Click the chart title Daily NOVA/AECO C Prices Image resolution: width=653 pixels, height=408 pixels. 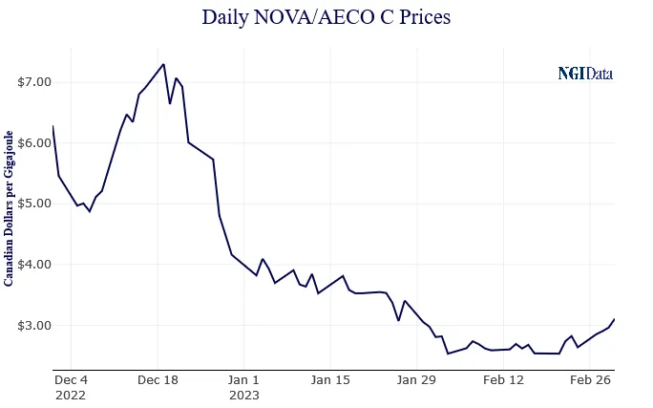(326, 18)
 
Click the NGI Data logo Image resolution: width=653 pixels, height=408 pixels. (585, 74)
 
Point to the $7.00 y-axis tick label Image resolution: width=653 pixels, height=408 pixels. (33, 82)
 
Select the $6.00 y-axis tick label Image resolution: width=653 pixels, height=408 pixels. (33, 142)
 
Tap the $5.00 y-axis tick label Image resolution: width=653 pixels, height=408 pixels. (33, 204)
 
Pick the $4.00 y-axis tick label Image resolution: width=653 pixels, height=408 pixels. (33, 265)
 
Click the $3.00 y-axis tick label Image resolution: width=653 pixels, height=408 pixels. (33, 326)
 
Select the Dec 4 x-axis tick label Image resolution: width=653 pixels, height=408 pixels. (72, 379)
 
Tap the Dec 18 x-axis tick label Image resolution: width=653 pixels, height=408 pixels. (158, 379)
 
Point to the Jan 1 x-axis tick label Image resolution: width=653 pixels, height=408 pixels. (244, 379)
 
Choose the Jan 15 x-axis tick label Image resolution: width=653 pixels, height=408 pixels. (331, 379)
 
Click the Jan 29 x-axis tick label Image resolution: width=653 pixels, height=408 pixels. (417, 379)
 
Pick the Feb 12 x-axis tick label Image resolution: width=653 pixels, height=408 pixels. (504, 379)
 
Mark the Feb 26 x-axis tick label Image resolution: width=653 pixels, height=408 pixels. (590, 379)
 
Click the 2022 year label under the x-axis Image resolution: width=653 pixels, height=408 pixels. (70, 394)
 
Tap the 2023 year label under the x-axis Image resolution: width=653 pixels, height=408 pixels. (244, 394)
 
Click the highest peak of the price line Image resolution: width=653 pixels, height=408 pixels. (164, 64)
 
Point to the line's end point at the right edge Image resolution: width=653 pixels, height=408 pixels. (614, 319)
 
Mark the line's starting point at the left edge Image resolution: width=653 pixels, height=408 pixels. (53, 126)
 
